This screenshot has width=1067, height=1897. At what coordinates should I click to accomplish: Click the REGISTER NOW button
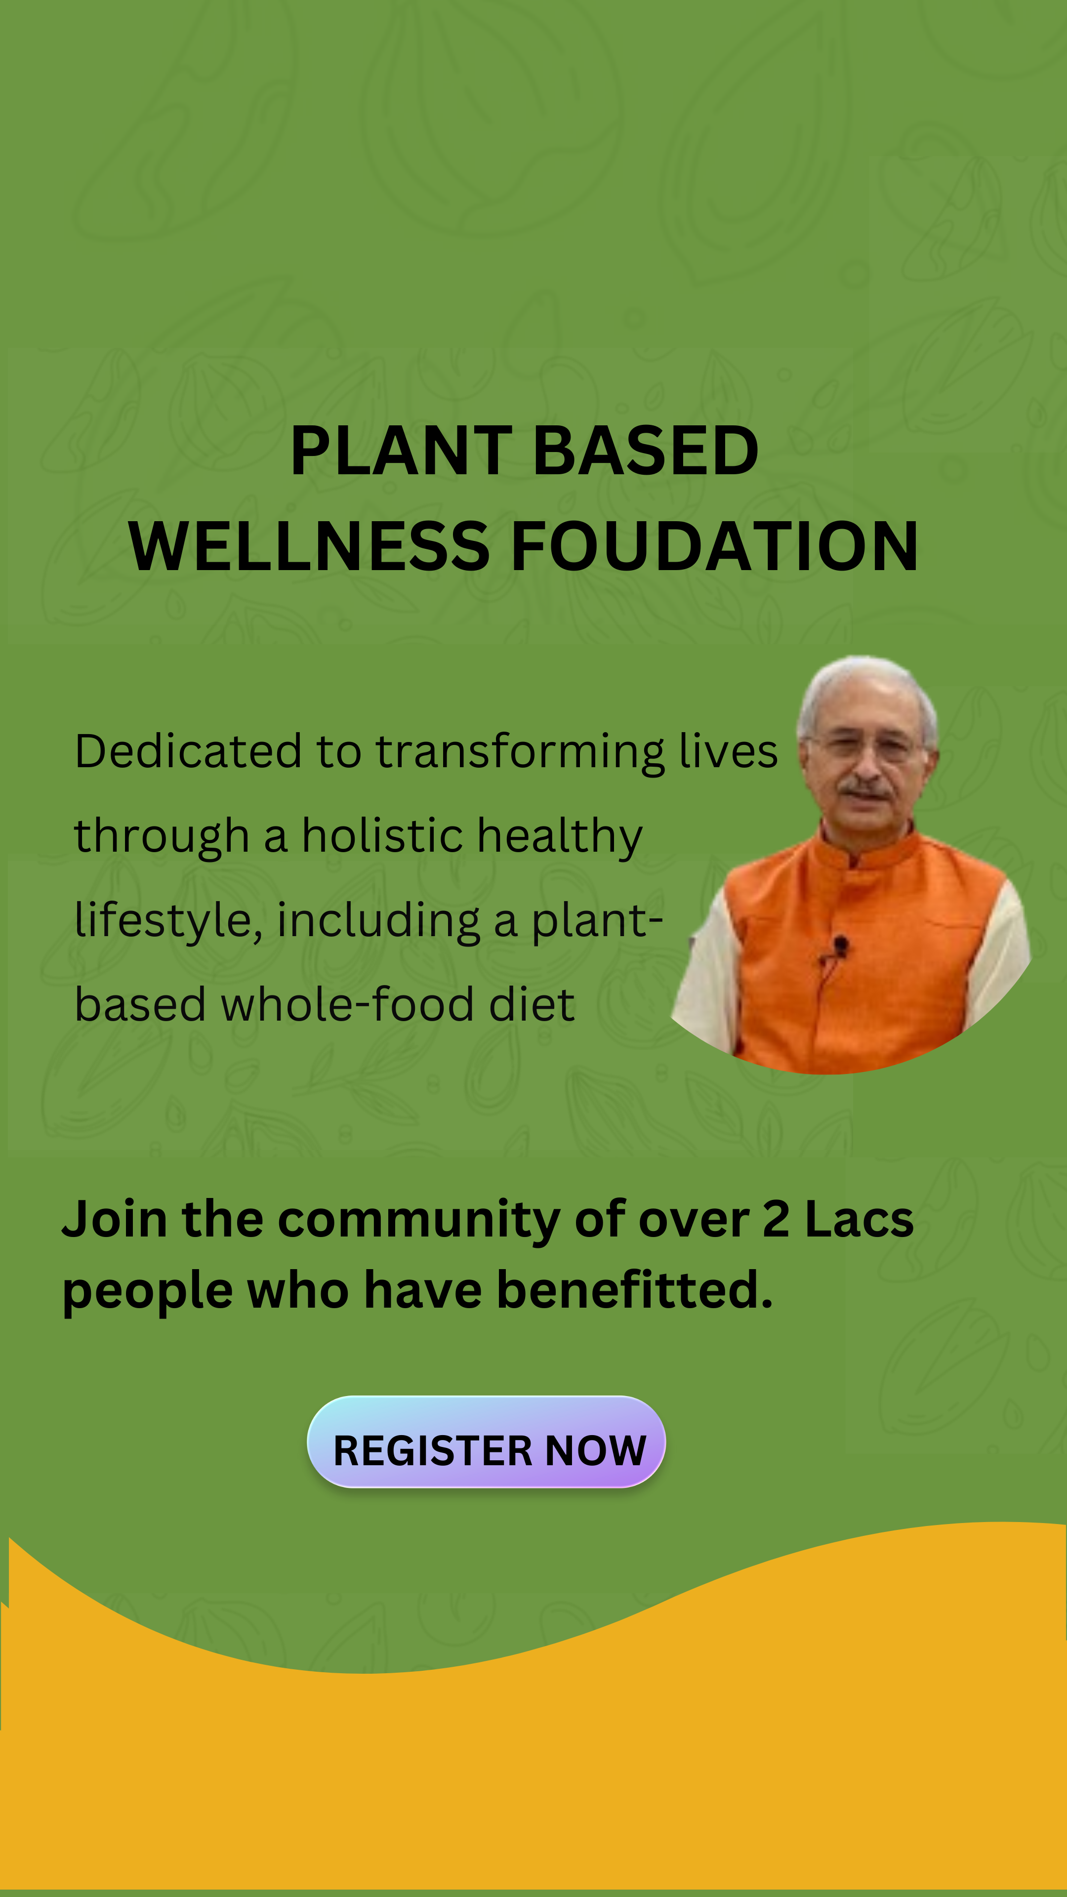[486, 1442]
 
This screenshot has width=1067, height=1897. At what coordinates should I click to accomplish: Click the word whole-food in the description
[347, 1004]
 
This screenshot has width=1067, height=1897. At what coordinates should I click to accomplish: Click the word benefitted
[635, 1290]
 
